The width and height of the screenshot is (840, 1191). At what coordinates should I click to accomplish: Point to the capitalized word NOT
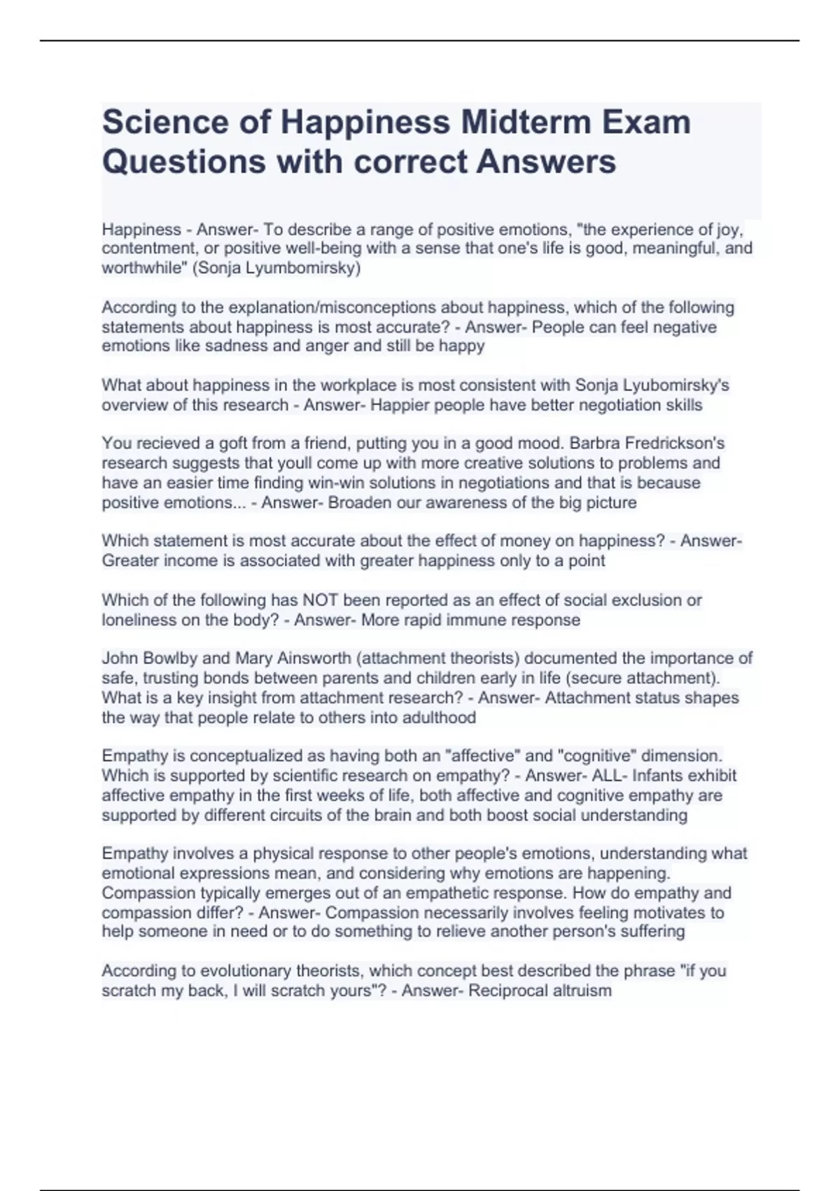point(320,600)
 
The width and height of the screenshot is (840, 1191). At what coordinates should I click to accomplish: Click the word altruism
point(584,991)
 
